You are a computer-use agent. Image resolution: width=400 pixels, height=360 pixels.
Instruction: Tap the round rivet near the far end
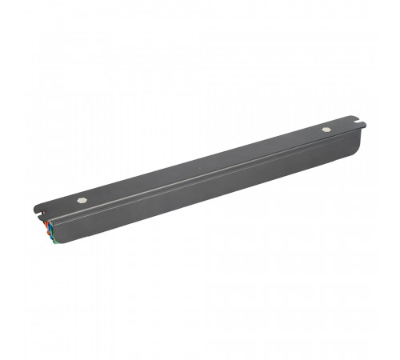pos(326,129)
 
